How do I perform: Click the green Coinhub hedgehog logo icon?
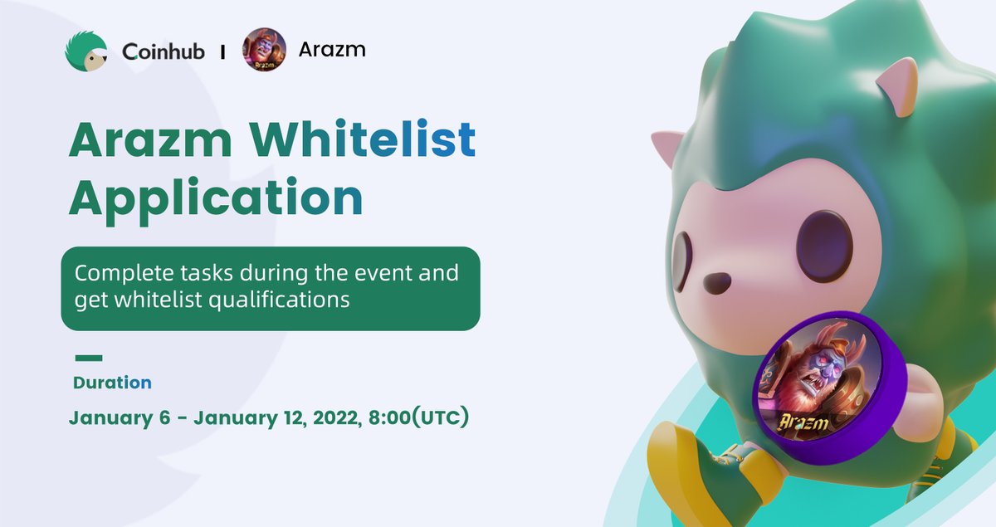pyautogui.click(x=87, y=51)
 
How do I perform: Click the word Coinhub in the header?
pyautogui.click(x=164, y=51)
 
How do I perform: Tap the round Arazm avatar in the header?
pyautogui.click(x=264, y=51)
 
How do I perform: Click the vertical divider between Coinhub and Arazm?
pyautogui.click(x=223, y=51)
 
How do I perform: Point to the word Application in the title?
pyautogui.click(x=216, y=199)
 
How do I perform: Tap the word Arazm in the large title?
pyautogui.click(x=142, y=140)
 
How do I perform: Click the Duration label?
pyautogui.click(x=112, y=383)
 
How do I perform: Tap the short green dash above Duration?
pyautogui.click(x=89, y=359)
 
